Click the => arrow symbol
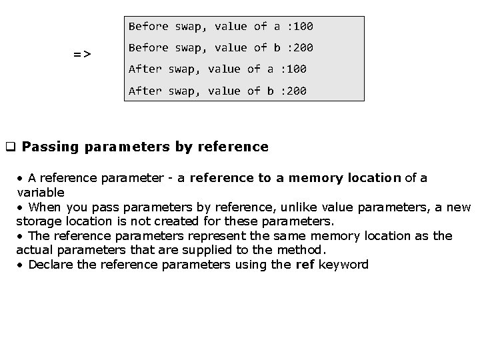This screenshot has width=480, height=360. point(83,53)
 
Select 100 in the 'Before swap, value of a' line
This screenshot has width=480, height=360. point(303,27)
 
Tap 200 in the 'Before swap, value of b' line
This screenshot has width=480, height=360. point(303,48)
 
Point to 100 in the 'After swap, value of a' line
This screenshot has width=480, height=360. point(296,69)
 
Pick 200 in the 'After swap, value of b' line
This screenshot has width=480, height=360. point(296,91)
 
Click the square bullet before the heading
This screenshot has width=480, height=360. point(11,147)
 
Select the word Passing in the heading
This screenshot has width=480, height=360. point(51,147)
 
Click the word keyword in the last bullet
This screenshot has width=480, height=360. point(343,265)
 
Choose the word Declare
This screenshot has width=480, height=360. point(52,265)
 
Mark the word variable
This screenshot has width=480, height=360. point(41,192)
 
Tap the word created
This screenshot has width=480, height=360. point(218,221)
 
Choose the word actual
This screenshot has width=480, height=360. point(34,250)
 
